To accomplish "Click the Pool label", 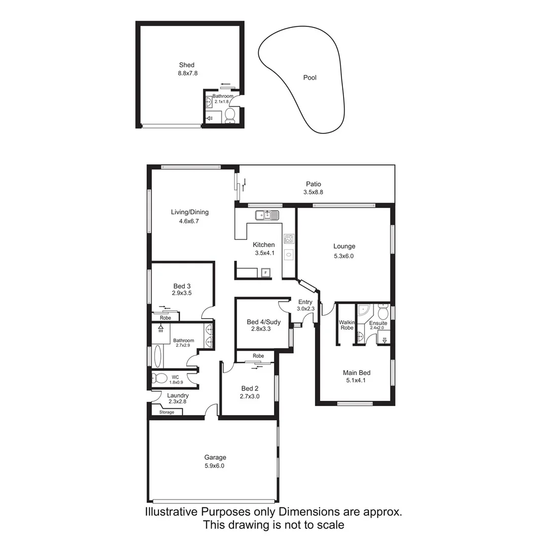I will click(310, 78).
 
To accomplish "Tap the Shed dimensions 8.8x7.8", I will click(186, 73).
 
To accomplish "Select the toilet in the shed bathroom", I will click(229, 115).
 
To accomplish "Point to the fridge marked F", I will click(265, 273).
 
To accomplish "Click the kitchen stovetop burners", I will click(289, 238).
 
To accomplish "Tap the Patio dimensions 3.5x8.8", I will click(313, 192).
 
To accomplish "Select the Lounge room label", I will click(344, 247).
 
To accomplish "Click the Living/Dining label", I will click(190, 212).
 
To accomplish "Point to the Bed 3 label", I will click(182, 286).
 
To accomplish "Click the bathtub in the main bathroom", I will click(158, 356).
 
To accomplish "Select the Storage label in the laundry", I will click(166, 412).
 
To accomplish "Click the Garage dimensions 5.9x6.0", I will click(215, 466).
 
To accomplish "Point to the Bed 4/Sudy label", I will click(263, 322).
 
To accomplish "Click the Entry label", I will click(305, 302).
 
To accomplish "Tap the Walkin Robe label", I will click(346, 325).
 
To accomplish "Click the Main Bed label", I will click(357, 373).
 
